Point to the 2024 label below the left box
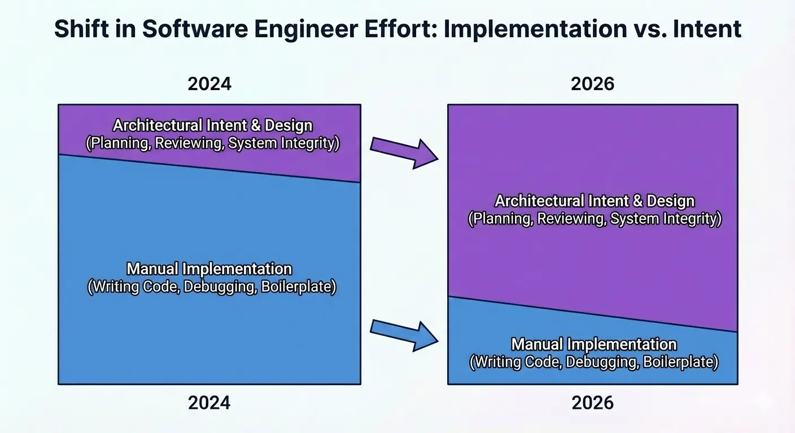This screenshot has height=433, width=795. click(209, 403)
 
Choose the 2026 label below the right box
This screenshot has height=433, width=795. click(592, 403)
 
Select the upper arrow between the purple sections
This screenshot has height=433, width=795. click(404, 151)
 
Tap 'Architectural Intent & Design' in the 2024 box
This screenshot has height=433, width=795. click(212, 125)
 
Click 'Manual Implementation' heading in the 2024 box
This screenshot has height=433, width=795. click(209, 269)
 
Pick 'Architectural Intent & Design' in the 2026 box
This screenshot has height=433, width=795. click(595, 201)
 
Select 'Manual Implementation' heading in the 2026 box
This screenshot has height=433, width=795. click(593, 344)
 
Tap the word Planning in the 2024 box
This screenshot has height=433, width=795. click(119, 143)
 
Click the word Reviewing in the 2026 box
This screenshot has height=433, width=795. click(570, 219)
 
